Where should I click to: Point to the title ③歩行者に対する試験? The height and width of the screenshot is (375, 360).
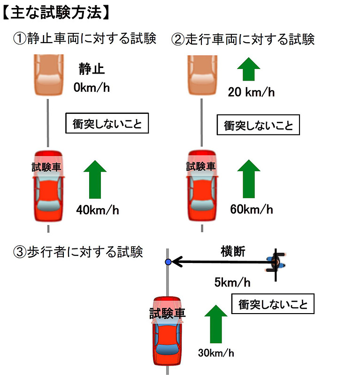[x=78, y=252]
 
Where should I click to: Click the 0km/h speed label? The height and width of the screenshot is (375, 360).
[x=92, y=88]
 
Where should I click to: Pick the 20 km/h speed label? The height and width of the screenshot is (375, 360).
[x=251, y=92]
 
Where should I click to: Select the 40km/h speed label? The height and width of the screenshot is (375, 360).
[x=98, y=210]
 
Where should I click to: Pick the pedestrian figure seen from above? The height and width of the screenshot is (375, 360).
[x=276, y=263]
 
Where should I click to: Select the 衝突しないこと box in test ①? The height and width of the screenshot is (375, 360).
[x=107, y=124]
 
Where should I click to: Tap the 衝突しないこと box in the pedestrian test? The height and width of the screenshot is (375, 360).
[x=273, y=304]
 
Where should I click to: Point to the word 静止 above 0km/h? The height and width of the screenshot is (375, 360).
[x=92, y=70]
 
